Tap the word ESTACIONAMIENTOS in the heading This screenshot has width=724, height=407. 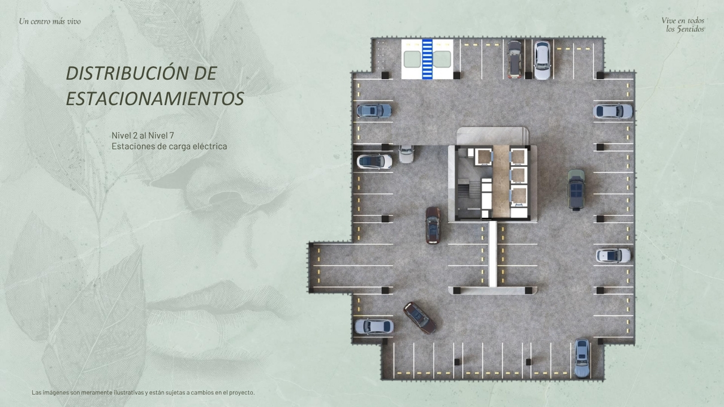[x=155, y=98]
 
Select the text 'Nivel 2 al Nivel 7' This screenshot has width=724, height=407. [x=143, y=135]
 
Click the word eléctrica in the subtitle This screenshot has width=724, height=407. [x=209, y=146]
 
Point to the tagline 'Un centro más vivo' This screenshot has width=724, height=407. [x=50, y=21]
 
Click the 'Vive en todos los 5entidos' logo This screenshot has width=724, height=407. [x=683, y=24]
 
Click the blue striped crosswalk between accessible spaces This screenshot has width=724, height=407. [x=428, y=59]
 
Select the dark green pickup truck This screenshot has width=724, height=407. [x=576, y=189]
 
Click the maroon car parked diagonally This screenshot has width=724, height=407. [x=419, y=317]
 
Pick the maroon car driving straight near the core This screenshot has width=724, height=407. [x=433, y=224]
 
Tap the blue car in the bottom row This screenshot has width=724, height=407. [x=581, y=357]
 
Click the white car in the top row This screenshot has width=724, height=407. [x=542, y=59]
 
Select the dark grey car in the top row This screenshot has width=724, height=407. [x=514, y=59]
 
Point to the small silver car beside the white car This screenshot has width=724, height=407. [x=406, y=153]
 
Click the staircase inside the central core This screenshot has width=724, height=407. [x=469, y=192]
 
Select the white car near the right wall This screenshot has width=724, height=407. [x=613, y=256]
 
